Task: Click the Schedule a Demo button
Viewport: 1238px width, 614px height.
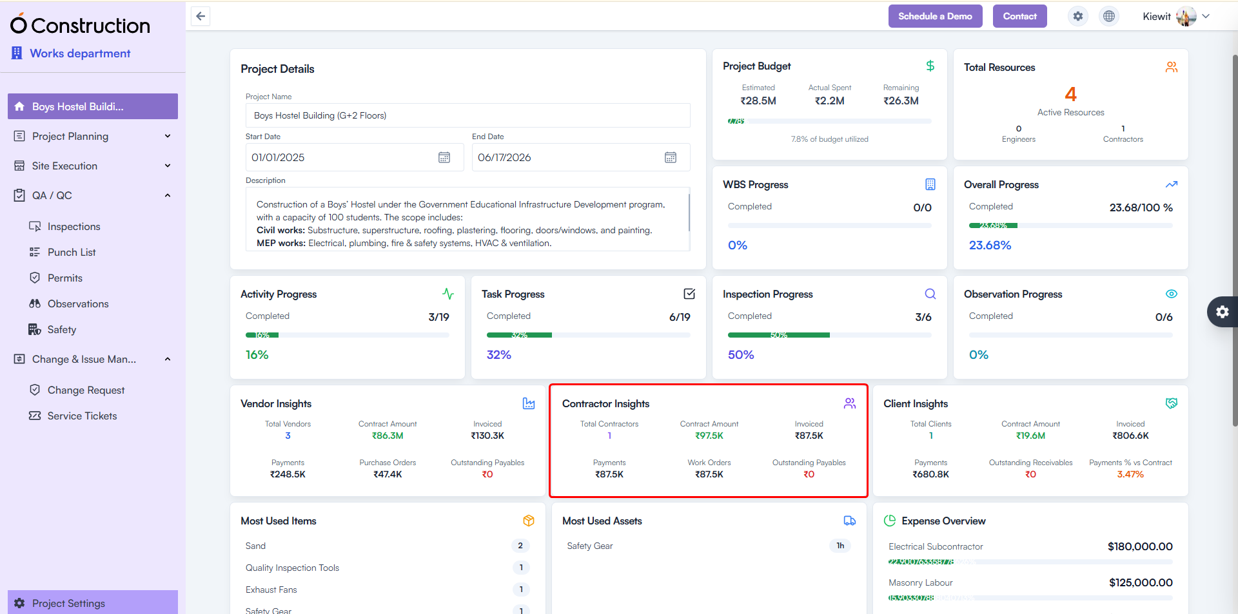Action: point(935,16)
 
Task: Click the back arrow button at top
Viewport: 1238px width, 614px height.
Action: point(201,16)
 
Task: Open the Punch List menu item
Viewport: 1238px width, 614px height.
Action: point(72,252)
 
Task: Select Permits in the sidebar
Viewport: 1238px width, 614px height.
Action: point(64,278)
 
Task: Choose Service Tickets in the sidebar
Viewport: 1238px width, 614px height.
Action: point(82,416)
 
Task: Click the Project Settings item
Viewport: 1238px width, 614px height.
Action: point(68,603)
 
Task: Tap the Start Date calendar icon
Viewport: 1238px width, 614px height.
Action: point(444,157)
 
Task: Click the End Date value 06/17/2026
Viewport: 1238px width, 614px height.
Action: point(504,157)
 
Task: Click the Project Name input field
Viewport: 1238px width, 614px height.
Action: point(467,115)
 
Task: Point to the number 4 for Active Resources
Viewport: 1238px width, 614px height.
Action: point(1070,95)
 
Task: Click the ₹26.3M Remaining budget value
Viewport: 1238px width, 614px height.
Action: point(901,101)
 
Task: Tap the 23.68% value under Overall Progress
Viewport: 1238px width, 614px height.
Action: point(990,245)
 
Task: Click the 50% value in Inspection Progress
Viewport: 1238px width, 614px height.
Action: point(741,354)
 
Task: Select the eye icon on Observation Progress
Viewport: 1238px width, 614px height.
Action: point(1171,294)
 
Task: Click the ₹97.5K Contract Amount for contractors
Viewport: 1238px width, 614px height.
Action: point(709,436)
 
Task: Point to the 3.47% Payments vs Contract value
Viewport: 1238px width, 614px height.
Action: point(1130,474)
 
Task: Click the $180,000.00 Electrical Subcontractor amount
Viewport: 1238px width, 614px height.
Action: point(1140,546)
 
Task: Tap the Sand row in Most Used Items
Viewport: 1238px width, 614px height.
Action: point(256,546)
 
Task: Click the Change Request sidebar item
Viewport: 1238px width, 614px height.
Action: point(86,390)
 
